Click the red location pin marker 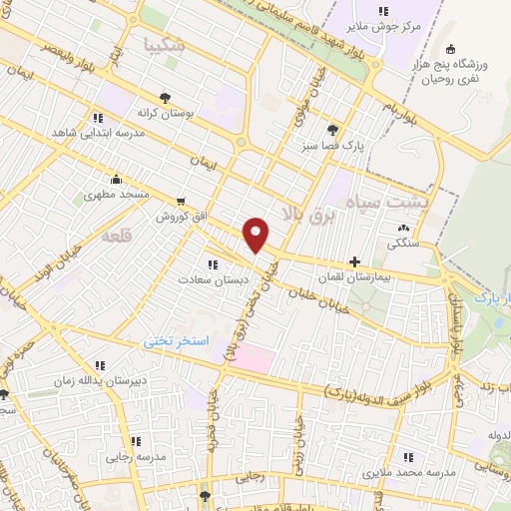(x=256, y=234)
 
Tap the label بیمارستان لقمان (x=355, y=278)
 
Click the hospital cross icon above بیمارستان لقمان (x=354, y=261)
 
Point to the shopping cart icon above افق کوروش (x=180, y=201)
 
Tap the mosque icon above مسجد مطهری (x=118, y=180)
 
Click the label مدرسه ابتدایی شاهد (x=95, y=134)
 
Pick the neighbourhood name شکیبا (x=166, y=44)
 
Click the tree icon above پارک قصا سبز (x=332, y=129)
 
